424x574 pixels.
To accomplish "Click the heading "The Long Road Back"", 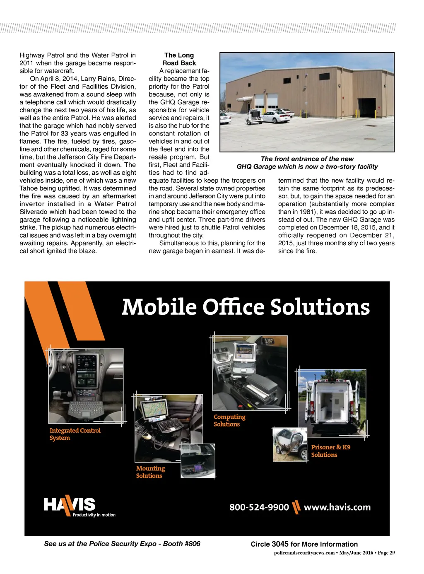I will coord(179,59).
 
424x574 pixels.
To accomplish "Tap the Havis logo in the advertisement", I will coord(70,506).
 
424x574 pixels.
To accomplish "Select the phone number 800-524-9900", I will coord(259,507).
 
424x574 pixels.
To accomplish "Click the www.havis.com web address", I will coord(337,507).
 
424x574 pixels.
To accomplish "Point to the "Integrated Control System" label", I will coord(75,434).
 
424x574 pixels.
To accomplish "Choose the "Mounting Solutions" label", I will coord(150,472).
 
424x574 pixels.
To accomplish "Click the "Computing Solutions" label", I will coord(229,420).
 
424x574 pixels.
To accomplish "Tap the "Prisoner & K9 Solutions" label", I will coord(330,451).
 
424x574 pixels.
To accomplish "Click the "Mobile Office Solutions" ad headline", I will coord(246,307).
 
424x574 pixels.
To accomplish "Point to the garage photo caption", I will coord(307,163).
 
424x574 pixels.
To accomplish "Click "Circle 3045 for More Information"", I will coord(304,544).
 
